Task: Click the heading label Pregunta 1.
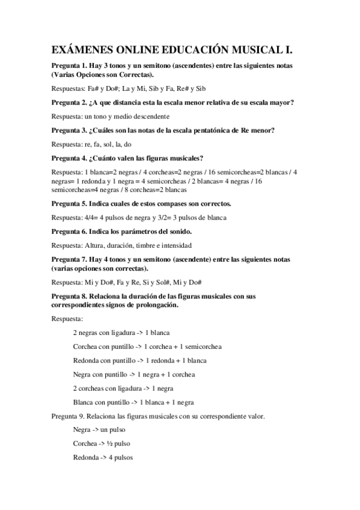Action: (70, 66)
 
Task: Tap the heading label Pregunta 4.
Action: (70, 159)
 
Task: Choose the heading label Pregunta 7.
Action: (70, 259)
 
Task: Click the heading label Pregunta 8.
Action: (70, 296)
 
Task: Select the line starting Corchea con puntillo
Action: (147, 346)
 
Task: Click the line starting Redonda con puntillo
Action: (139, 360)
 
